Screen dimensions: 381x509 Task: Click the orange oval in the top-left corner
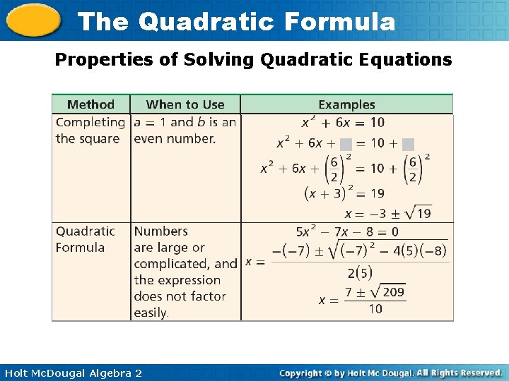(33, 20)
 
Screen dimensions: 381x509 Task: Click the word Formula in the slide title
(339, 22)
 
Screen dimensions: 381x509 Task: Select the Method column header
(90, 104)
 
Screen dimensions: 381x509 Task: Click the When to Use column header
(185, 104)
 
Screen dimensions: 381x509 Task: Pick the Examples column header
(346, 104)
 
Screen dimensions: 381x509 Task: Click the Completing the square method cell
(90, 131)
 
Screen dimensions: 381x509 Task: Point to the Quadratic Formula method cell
(85, 239)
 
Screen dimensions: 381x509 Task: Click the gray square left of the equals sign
(346, 144)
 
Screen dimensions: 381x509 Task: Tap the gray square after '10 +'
(408, 144)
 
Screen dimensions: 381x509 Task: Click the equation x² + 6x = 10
(343, 123)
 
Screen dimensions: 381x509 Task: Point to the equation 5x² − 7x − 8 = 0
(347, 231)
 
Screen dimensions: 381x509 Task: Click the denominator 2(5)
(360, 273)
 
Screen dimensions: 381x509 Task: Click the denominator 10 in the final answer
(375, 308)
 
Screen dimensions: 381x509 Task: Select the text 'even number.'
(175, 139)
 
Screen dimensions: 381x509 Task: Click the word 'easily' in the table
(151, 313)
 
